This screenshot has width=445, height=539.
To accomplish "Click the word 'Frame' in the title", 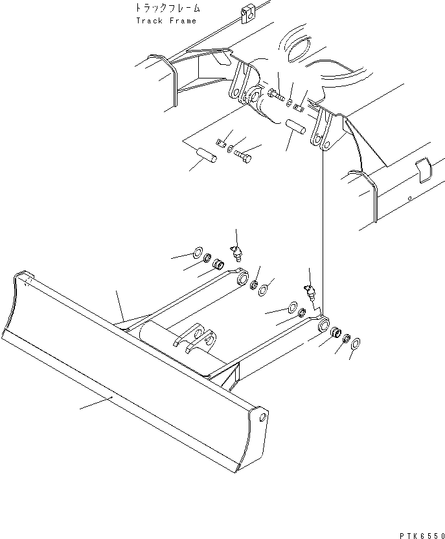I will [x=183, y=21].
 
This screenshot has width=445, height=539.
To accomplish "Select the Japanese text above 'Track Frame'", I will [x=168, y=8].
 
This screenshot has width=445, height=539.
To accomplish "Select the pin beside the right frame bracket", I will [x=295, y=126].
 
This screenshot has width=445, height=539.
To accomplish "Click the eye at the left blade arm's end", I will [x=244, y=280].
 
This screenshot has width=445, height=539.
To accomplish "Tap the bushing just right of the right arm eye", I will [x=336, y=333].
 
